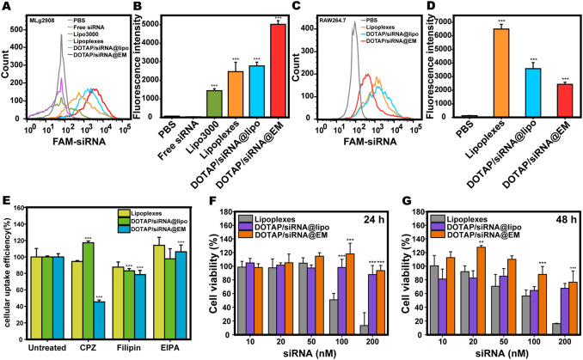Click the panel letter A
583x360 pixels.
click(x=6, y=7)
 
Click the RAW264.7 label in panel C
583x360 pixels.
click(x=338, y=17)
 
